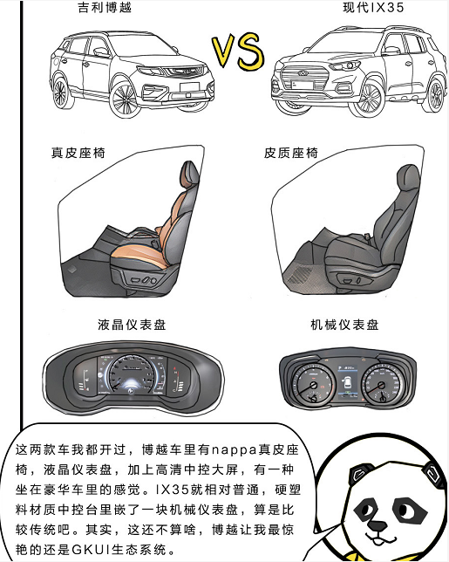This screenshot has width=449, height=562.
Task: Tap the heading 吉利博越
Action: [x=105, y=7]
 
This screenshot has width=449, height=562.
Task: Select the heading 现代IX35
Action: [x=373, y=7]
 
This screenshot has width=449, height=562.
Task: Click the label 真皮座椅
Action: [x=78, y=153]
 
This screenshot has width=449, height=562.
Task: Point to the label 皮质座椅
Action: [x=291, y=153]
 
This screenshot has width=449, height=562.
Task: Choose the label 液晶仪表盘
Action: [x=132, y=325]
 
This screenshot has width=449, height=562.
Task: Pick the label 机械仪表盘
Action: [x=344, y=325]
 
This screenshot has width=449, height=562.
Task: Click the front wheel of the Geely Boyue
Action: [x=124, y=99]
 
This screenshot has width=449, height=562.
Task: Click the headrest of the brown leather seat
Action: [x=189, y=175]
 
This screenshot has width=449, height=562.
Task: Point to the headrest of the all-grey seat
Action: [x=408, y=179]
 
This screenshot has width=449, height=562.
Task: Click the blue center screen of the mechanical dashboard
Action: [x=348, y=382]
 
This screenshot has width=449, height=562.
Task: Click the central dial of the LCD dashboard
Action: [x=132, y=375]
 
